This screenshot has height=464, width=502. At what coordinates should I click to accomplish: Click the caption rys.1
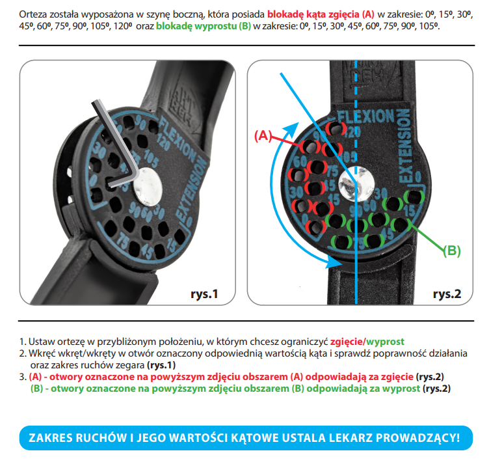tap(204, 293)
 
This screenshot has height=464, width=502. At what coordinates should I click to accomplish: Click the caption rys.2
tap(447, 293)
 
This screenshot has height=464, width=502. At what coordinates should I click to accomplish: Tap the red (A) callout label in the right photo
tap(263, 135)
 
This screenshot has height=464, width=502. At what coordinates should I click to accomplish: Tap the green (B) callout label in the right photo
tap(452, 251)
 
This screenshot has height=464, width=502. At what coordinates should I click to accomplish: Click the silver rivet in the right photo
tap(356, 184)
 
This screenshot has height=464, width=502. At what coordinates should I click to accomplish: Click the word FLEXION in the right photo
tap(365, 116)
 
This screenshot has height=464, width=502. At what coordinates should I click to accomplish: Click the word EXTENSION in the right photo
tap(404, 146)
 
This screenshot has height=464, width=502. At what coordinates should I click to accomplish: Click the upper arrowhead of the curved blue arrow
tap(292, 129)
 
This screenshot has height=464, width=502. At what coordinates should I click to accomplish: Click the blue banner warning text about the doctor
tap(244, 438)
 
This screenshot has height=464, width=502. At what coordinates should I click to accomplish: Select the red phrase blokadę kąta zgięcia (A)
tap(321, 14)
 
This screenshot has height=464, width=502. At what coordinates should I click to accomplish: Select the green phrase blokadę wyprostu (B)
tap(204, 26)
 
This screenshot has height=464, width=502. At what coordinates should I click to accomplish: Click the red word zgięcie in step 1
tap(347, 342)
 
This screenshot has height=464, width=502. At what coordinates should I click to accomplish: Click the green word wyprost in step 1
tap(385, 342)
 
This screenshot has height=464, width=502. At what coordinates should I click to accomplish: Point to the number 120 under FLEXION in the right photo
tap(352, 131)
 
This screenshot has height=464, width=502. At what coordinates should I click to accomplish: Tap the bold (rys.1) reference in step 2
tap(161, 365)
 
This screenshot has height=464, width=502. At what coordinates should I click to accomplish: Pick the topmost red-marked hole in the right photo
tap(336, 129)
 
